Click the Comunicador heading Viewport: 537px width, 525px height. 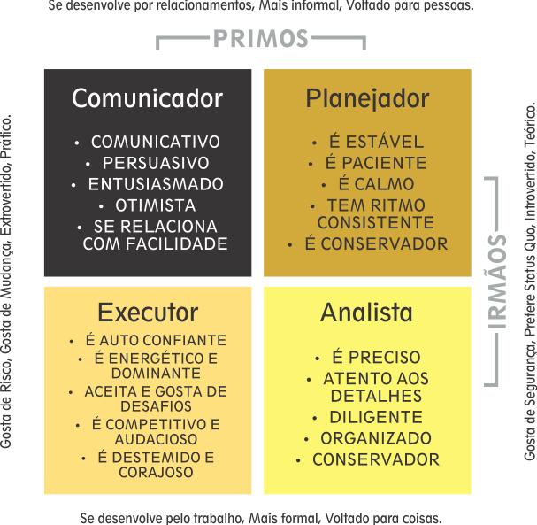click(147, 98)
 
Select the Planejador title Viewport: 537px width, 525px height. click(367, 99)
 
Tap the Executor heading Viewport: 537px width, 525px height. click(148, 313)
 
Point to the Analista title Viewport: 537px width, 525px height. click(366, 313)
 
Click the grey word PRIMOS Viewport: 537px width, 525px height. click(261, 38)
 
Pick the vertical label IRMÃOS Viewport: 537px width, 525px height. click(497, 282)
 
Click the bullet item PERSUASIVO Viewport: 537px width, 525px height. click(156, 163)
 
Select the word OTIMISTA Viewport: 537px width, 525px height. click(155, 205)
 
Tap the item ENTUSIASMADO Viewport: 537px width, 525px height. click(156, 184)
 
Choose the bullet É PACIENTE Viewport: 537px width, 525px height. click(376, 163)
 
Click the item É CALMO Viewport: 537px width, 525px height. click(376, 184)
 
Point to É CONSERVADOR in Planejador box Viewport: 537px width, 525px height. click(376, 243)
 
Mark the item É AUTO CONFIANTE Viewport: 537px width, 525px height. click(156, 340)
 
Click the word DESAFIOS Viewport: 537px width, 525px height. click(156, 406)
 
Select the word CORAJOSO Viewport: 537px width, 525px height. click(156, 472)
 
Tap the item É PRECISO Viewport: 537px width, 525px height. click(376, 357)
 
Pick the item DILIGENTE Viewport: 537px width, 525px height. click(376, 417)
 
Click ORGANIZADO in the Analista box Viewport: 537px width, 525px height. click(376, 438)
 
